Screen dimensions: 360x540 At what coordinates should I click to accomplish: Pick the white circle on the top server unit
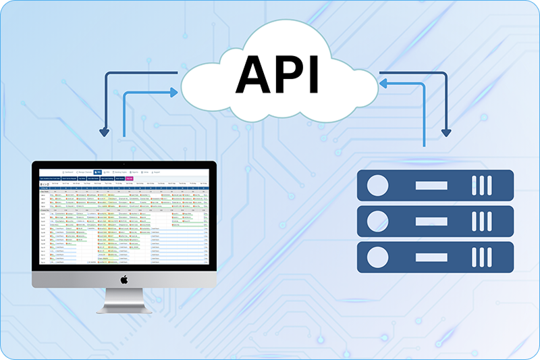379,185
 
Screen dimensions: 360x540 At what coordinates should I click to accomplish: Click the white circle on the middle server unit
379,221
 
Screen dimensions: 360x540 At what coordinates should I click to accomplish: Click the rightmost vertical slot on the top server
494,185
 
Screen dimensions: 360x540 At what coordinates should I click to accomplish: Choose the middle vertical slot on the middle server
485,221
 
